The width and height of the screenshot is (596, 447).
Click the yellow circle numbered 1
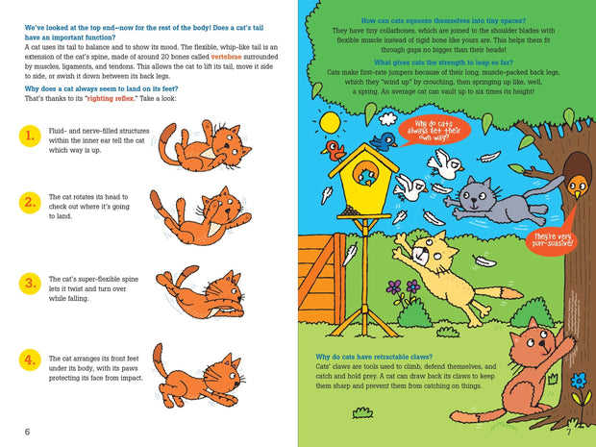tap(31, 136)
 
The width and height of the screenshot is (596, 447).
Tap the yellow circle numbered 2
tap(31, 202)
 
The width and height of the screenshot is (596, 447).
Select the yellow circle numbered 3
tap(31, 283)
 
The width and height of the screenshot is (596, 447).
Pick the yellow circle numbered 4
tap(31, 360)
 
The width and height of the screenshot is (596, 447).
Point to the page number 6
tap(27, 432)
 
